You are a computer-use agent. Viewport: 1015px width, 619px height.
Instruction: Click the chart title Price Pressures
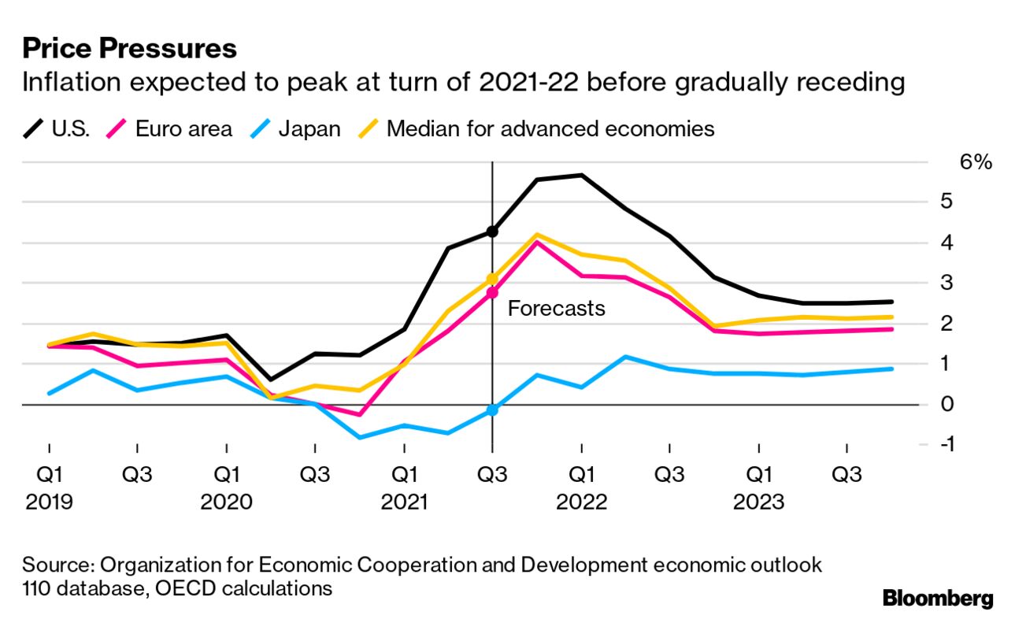pyautogui.click(x=129, y=49)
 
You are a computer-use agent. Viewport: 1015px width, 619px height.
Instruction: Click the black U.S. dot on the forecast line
pyautogui.click(x=492, y=232)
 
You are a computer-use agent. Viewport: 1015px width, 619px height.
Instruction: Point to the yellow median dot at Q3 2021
pyautogui.click(x=492, y=279)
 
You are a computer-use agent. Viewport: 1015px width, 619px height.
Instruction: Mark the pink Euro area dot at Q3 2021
pyautogui.click(x=492, y=293)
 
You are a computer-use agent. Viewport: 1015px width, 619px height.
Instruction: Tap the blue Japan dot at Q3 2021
pyautogui.click(x=492, y=410)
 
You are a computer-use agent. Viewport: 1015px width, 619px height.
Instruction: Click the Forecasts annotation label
pyautogui.click(x=556, y=308)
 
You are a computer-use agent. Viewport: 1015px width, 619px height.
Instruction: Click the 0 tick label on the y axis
pyautogui.click(x=948, y=404)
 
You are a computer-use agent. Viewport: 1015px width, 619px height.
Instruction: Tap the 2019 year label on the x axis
pyautogui.click(x=49, y=502)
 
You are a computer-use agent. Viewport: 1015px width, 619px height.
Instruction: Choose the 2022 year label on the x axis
pyautogui.click(x=581, y=502)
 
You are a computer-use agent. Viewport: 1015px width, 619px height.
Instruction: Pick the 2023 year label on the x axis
pyautogui.click(x=758, y=502)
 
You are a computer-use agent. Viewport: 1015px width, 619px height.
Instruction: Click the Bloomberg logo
pyautogui.click(x=938, y=598)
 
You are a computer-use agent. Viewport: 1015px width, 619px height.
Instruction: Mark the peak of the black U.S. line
pyautogui.click(x=581, y=175)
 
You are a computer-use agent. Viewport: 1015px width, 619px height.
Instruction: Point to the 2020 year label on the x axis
pyautogui.click(x=227, y=502)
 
